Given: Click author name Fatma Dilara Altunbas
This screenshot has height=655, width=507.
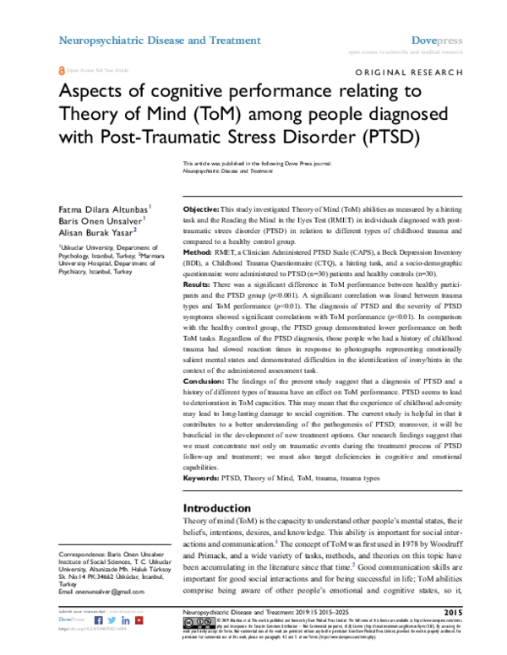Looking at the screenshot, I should click(104, 207).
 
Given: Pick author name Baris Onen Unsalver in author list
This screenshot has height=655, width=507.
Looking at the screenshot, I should click(101, 219).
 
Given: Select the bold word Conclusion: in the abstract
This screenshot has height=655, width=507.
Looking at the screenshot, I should click(205, 382).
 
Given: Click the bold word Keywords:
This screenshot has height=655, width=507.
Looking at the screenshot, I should click(203, 478).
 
